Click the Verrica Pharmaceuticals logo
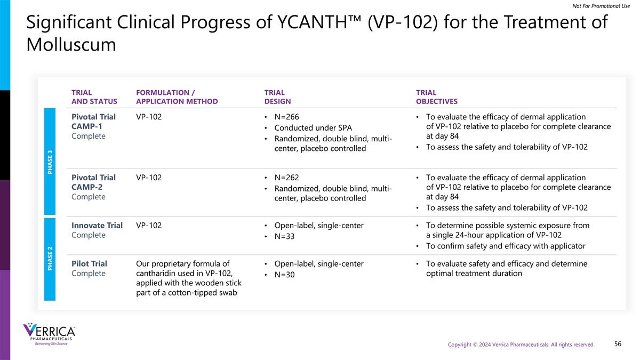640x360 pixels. point(49,334)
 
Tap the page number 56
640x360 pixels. point(618,344)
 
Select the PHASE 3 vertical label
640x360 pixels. point(50,161)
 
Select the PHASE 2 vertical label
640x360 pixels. point(50,258)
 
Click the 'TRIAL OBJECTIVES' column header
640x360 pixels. point(436,97)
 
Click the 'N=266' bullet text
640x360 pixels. point(290,117)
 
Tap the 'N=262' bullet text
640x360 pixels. point(290,178)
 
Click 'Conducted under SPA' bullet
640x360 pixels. point(313,128)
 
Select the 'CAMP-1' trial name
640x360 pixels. point(87,126)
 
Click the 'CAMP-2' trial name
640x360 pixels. point(87,187)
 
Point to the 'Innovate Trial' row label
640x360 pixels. point(97,226)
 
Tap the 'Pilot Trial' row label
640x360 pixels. point(89,264)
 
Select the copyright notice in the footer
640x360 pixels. point(521,345)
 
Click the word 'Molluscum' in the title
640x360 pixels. point(71,45)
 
